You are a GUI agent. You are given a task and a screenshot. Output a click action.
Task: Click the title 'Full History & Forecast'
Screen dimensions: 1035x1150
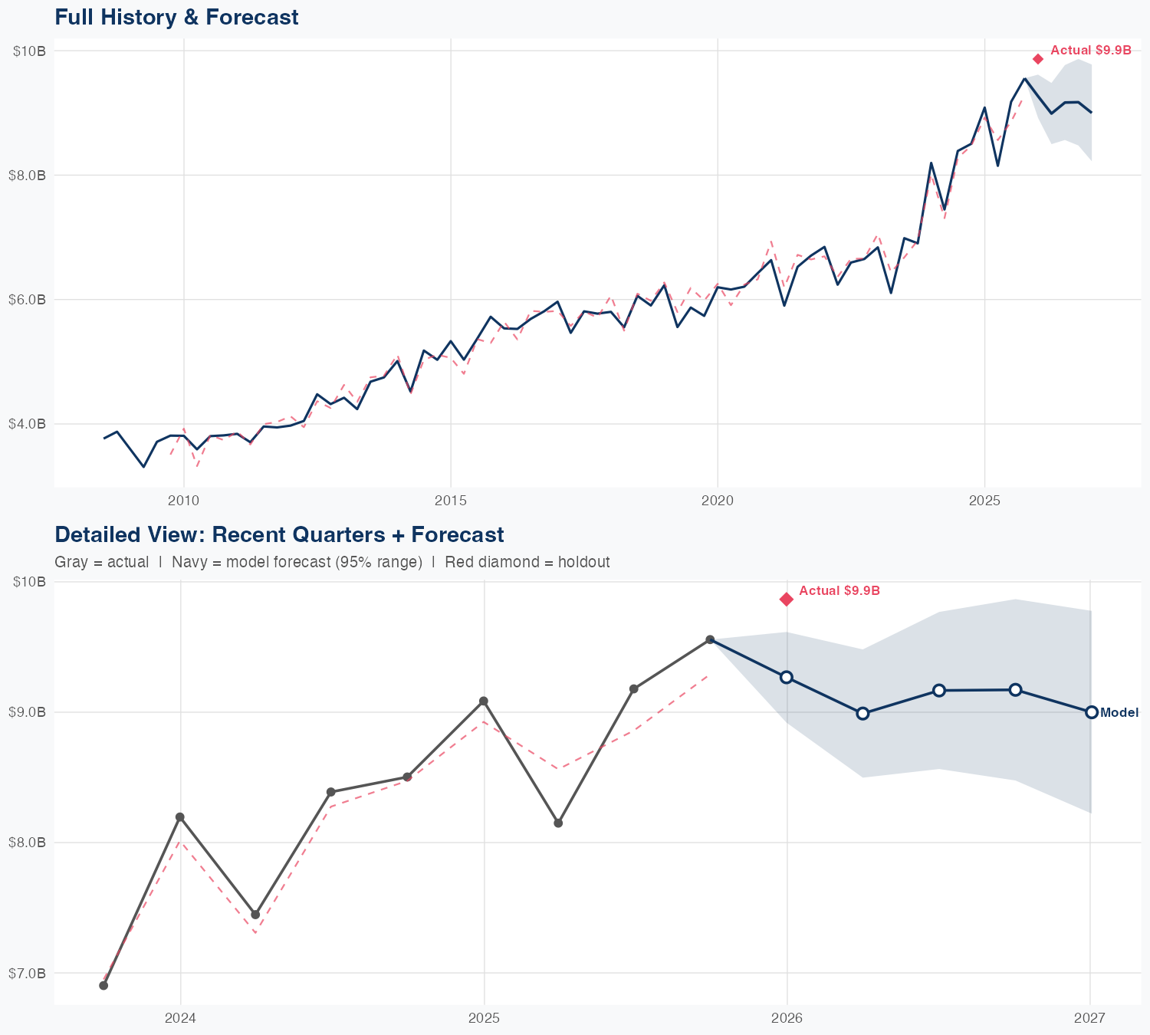pos(176,17)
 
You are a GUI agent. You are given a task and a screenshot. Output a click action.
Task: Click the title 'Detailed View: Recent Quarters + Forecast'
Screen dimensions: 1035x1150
pos(279,534)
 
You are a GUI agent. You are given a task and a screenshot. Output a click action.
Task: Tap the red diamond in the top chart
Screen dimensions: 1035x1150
pos(1038,59)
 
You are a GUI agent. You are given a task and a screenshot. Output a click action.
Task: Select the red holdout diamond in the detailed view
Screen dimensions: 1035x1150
pos(787,600)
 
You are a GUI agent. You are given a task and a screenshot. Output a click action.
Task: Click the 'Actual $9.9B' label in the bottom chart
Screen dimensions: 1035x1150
pos(839,591)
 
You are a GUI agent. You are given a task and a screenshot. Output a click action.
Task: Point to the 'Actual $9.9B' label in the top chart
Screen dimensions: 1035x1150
pos(1090,51)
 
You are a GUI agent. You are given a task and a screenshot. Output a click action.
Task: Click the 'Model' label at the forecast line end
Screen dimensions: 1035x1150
pos(1119,713)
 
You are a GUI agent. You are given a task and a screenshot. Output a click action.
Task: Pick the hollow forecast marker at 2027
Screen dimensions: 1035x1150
pos(1092,712)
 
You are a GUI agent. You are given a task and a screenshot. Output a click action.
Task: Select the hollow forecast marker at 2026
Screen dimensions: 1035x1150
pos(787,677)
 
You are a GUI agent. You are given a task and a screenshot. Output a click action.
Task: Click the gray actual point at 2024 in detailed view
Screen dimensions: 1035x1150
pos(180,817)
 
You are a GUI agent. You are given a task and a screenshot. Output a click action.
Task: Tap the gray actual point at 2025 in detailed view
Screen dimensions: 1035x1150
pos(484,701)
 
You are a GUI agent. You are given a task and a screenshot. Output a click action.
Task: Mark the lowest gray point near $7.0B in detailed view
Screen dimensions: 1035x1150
pos(103,985)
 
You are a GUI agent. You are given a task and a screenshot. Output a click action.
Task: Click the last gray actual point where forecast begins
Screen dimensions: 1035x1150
pos(710,639)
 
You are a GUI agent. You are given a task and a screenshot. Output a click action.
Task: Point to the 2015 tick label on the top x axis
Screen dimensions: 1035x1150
pos(450,501)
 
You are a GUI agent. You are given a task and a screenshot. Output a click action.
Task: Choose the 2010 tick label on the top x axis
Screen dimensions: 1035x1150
pos(183,501)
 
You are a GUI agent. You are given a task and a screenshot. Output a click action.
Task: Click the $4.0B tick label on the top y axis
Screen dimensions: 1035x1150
pos(28,424)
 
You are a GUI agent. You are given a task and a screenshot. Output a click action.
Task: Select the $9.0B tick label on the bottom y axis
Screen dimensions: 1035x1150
pos(28,712)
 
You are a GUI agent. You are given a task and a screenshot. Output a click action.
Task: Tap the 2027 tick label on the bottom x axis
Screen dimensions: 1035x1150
pos(1089,1018)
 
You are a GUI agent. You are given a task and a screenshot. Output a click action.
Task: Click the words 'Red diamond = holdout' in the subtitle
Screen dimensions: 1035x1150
pos(527,562)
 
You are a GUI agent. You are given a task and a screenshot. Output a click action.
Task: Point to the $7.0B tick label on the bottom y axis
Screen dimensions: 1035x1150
pos(28,974)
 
